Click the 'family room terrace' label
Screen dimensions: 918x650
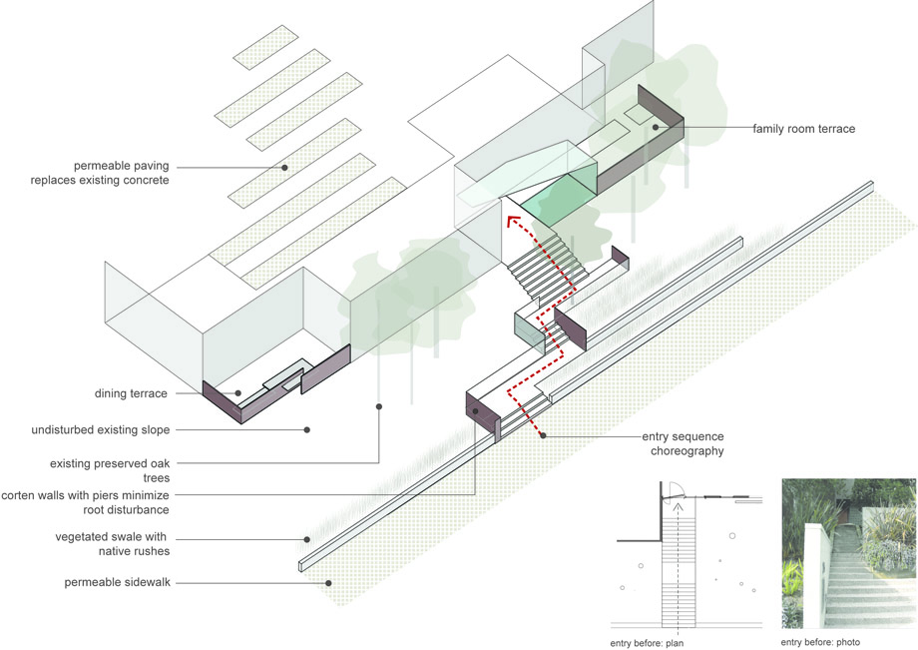pyautogui.click(x=804, y=129)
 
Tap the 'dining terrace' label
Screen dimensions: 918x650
pyautogui.click(x=131, y=393)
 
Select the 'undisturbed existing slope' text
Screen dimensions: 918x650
pyautogui.click(x=101, y=429)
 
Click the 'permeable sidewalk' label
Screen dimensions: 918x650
pyautogui.click(x=117, y=583)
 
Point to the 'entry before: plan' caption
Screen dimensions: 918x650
pyautogui.click(x=647, y=643)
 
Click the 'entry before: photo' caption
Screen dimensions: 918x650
pyautogui.click(x=820, y=642)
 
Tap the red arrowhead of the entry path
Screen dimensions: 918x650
pyautogui.click(x=513, y=221)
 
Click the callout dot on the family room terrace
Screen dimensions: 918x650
pyautogui.click(x=656, y=127)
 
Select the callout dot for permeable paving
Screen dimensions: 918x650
pyautogui.click(x=284, y=168)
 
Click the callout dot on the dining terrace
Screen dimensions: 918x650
pyautogui.click(x=238, y=393)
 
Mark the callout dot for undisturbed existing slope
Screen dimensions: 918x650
pyautogui.click(x=306, y=429)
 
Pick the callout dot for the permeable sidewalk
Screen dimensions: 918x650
pyautogui.click(x=328, y=583)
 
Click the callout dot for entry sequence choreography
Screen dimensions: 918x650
pyautogui.click(x=543, y=435)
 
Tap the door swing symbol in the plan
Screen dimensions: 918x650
pyautogui.click(x=674, y=490)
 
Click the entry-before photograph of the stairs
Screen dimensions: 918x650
pyautogui.click(x=849, y=553)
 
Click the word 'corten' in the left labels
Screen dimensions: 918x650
pyautogui.click(x=18, y=495)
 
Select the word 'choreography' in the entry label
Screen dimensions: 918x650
pyautogui.click(x=688, y=451)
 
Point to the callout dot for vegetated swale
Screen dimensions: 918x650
pyautogui.click(x=306, y=539)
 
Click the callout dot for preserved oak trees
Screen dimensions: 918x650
pyautogui.click(x=379, y=406)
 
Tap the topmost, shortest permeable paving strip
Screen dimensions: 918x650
pyautogui.click(x=265, y=48)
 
